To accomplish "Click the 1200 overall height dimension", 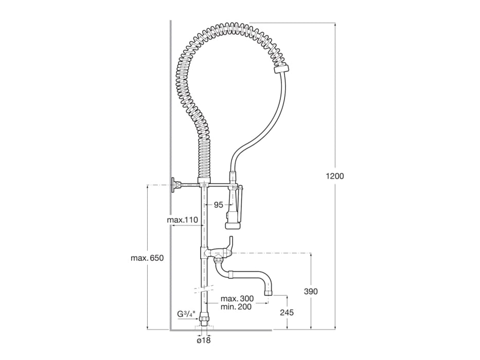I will tap(335, 176).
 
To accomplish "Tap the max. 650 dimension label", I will tap(147, 258).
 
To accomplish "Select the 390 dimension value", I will tap(311, 291).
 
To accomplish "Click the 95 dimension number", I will tap(218, 205).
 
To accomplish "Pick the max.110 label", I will tap(183, 220).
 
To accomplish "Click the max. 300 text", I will tap(236, 299).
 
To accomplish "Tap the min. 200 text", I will tap(236, 307).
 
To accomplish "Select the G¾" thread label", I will tap(185, 314).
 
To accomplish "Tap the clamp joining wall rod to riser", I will tap(204, 184).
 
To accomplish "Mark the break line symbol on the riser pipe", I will tap(204, 287).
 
